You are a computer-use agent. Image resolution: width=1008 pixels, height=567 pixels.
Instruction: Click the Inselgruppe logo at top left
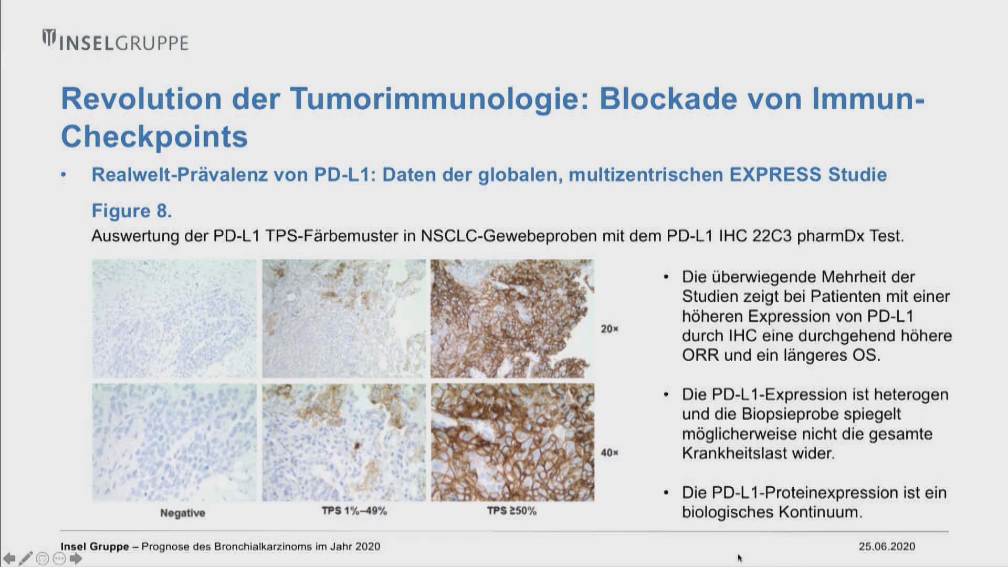coord(115,41)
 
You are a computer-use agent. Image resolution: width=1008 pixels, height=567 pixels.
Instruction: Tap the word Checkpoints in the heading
coord(154,136)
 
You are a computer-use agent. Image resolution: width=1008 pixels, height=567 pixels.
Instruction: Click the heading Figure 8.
coord(132,211)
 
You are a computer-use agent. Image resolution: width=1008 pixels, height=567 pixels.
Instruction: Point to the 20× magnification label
coord(610,329)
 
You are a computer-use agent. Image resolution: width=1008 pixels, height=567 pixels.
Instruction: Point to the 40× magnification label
coord(610,453)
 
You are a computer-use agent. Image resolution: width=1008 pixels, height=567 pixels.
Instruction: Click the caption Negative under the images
coord(183,513)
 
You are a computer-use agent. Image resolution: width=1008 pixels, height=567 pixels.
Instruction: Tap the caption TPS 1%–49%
coord(354,511)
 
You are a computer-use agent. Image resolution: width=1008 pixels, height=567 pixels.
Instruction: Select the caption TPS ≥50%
coord(512,511)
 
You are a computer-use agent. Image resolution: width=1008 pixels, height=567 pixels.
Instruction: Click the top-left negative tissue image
coord(174,318)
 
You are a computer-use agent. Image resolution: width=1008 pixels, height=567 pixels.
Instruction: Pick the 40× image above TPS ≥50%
coord(512,442)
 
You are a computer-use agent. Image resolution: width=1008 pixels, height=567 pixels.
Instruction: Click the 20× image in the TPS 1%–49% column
coord(344,318)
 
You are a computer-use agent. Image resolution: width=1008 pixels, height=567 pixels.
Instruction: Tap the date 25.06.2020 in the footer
coord(887,547)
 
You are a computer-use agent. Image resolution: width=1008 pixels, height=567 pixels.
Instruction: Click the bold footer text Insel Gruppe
coord(95,547)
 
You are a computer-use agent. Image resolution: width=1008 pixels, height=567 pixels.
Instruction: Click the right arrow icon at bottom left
coord(76,559)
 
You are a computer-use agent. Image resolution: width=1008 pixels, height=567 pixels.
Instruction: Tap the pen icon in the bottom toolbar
coord(26,558)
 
